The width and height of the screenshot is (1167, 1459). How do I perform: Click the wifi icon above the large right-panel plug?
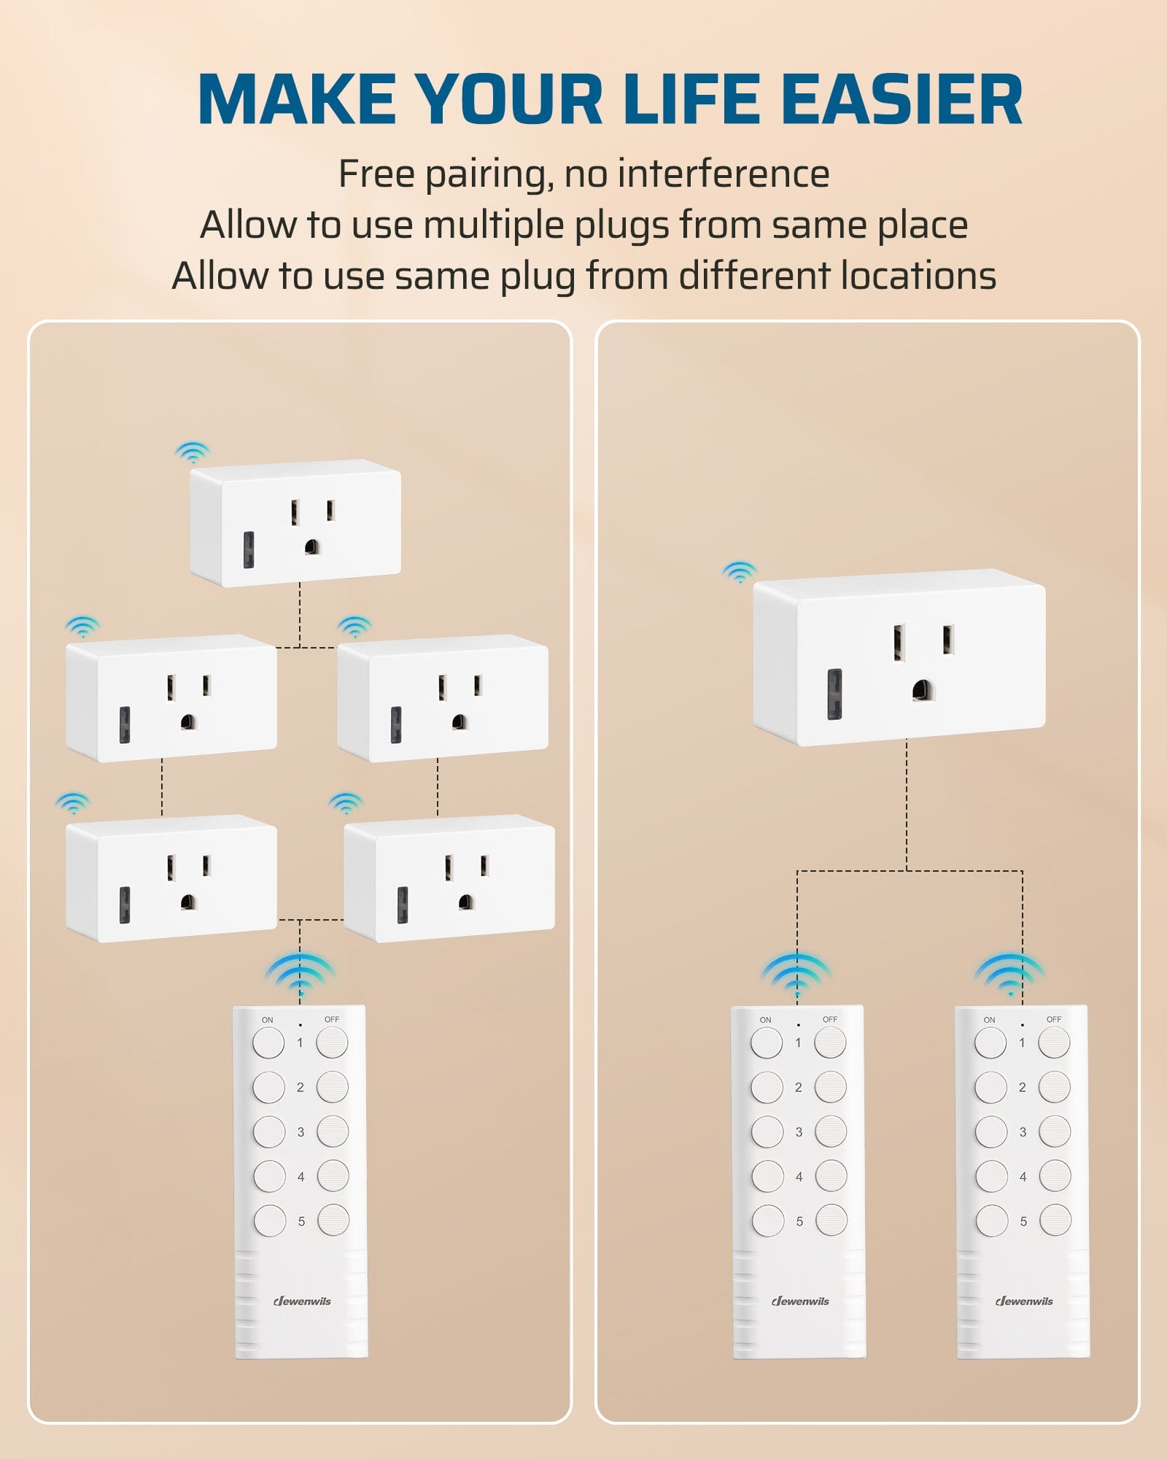[739, 572]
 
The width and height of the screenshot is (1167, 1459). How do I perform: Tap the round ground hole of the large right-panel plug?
[923, 689]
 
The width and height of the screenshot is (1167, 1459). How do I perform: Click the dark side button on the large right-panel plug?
[834, 693]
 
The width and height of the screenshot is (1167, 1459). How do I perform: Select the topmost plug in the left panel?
[295, 523]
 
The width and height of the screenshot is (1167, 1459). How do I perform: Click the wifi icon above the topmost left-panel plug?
[192, 452]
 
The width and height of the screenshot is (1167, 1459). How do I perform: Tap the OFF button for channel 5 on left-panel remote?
[333, 1220]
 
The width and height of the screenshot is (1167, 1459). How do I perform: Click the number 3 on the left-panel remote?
[301, 1132]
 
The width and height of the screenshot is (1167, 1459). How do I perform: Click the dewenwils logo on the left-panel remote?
[302, 1301]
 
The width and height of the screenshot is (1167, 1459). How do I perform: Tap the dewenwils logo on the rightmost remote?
[1024, 1301]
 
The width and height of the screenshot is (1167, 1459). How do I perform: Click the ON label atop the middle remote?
[765, 1020]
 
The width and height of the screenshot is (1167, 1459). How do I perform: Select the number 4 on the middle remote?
[799, 1177]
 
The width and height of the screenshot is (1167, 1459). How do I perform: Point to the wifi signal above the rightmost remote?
[1009, 975]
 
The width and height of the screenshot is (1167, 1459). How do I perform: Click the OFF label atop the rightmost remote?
[1053, 1019]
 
